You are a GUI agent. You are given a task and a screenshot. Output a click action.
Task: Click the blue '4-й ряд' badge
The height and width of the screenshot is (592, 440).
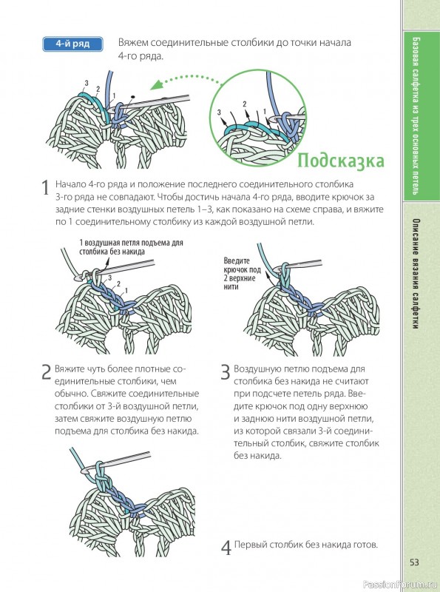72,44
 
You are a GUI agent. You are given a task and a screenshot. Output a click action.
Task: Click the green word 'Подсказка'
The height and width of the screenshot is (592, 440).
341,161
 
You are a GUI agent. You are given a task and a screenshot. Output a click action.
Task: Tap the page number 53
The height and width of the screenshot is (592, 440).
414,562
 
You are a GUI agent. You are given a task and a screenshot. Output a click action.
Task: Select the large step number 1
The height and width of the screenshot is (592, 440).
45,188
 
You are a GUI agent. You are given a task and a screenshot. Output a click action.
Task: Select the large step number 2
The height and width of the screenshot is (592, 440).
46,372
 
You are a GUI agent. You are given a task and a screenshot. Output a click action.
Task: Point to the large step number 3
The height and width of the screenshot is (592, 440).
226,372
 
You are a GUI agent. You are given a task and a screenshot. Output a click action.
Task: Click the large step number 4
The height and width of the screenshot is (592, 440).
226,548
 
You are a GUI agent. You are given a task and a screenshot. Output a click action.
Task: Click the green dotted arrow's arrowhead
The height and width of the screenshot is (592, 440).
156,84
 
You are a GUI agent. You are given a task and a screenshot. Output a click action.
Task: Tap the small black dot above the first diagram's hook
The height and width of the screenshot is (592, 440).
132,97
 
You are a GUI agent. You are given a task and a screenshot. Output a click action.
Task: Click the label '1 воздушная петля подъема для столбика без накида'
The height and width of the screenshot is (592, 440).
131,247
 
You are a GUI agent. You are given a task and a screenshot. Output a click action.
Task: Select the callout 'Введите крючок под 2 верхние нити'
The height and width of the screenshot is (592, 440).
243,274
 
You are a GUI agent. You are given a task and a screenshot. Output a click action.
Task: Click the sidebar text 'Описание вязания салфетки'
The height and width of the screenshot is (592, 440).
415,274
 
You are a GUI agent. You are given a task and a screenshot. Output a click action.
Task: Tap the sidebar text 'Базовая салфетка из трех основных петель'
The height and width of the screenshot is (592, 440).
415,115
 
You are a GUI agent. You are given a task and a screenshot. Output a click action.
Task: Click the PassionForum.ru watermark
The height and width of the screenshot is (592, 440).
401,585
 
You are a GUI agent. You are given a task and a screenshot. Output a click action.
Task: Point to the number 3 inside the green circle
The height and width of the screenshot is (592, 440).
219,112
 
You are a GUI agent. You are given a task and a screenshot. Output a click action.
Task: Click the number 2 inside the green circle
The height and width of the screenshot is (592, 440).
245,104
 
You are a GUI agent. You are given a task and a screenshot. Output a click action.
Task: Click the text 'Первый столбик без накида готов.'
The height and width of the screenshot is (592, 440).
306,545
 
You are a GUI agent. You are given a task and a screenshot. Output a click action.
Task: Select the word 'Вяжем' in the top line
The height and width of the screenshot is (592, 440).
131,42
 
